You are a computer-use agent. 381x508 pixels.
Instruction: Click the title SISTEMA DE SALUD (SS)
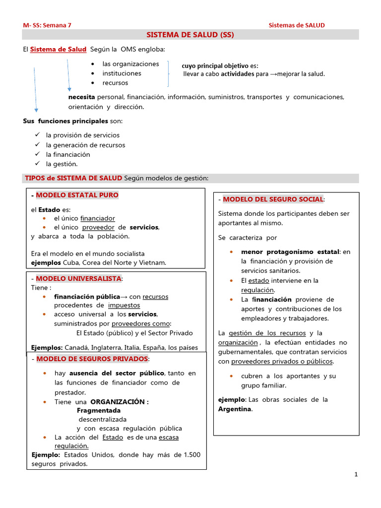click(190, 35)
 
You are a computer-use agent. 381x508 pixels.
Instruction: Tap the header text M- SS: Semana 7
click(47, 25)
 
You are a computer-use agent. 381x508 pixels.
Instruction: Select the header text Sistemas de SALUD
click(297, 25)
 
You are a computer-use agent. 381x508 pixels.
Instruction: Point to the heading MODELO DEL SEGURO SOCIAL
click(273, 199)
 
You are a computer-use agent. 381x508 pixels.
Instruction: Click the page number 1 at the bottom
click(356, 475)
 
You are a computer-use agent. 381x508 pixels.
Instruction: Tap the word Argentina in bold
click(235, 409)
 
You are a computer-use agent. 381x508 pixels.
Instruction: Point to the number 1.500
click(192, 454)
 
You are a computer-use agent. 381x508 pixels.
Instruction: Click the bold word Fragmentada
click(99, 411)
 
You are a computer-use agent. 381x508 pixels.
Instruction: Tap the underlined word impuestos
click(124, 305)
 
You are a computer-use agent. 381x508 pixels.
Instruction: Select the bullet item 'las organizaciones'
click(130, 64)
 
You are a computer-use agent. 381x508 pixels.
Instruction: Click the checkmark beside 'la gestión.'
click(37, 164)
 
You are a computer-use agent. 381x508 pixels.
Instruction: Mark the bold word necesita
click(81, 97)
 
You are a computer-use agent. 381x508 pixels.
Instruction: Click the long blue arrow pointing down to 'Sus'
click(35, 89)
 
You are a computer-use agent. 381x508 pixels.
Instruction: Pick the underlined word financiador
click(97, 218)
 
